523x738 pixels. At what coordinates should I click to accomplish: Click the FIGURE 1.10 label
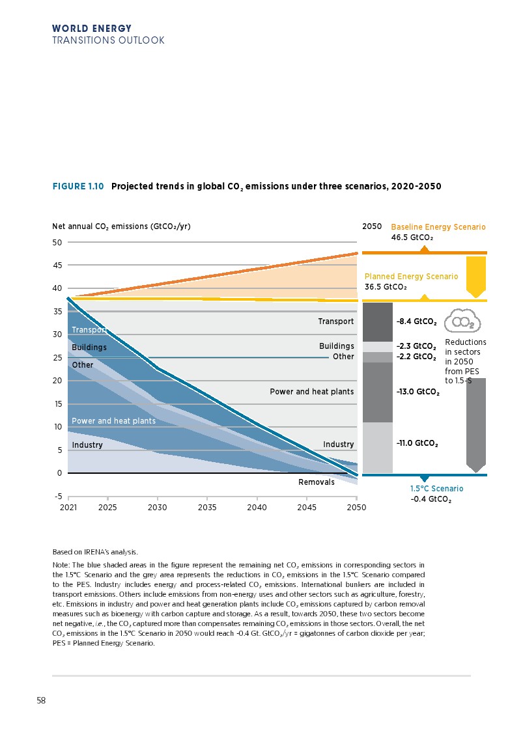(x=78, y=186)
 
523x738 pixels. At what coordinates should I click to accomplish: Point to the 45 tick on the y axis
(x=57, y=266)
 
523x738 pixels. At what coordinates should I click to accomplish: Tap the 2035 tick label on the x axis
(x=207, y=506)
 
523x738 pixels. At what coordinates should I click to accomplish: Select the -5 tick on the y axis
(x=57, y=496)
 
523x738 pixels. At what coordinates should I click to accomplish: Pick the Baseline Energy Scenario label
(x=438, y=227)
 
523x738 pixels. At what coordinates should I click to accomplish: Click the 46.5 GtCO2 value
(x=412, y=238)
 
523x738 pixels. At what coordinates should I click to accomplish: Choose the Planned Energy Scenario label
(x=411, y=277)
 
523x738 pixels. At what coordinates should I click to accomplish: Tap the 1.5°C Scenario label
(x=436, y=488)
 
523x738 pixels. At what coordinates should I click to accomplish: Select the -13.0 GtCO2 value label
(x=417, y=392)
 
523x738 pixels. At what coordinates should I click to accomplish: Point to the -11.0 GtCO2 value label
(x=416, y=443)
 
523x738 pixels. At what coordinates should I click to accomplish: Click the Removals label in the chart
(x=316, y=482)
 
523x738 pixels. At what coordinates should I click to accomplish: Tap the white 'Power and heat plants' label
(x=113, y=421)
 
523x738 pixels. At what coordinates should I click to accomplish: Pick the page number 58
(x=41, y=701)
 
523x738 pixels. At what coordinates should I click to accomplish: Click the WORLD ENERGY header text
(x=92, y=29)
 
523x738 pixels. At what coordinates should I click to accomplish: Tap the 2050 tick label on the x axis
(x=356, y=506)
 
